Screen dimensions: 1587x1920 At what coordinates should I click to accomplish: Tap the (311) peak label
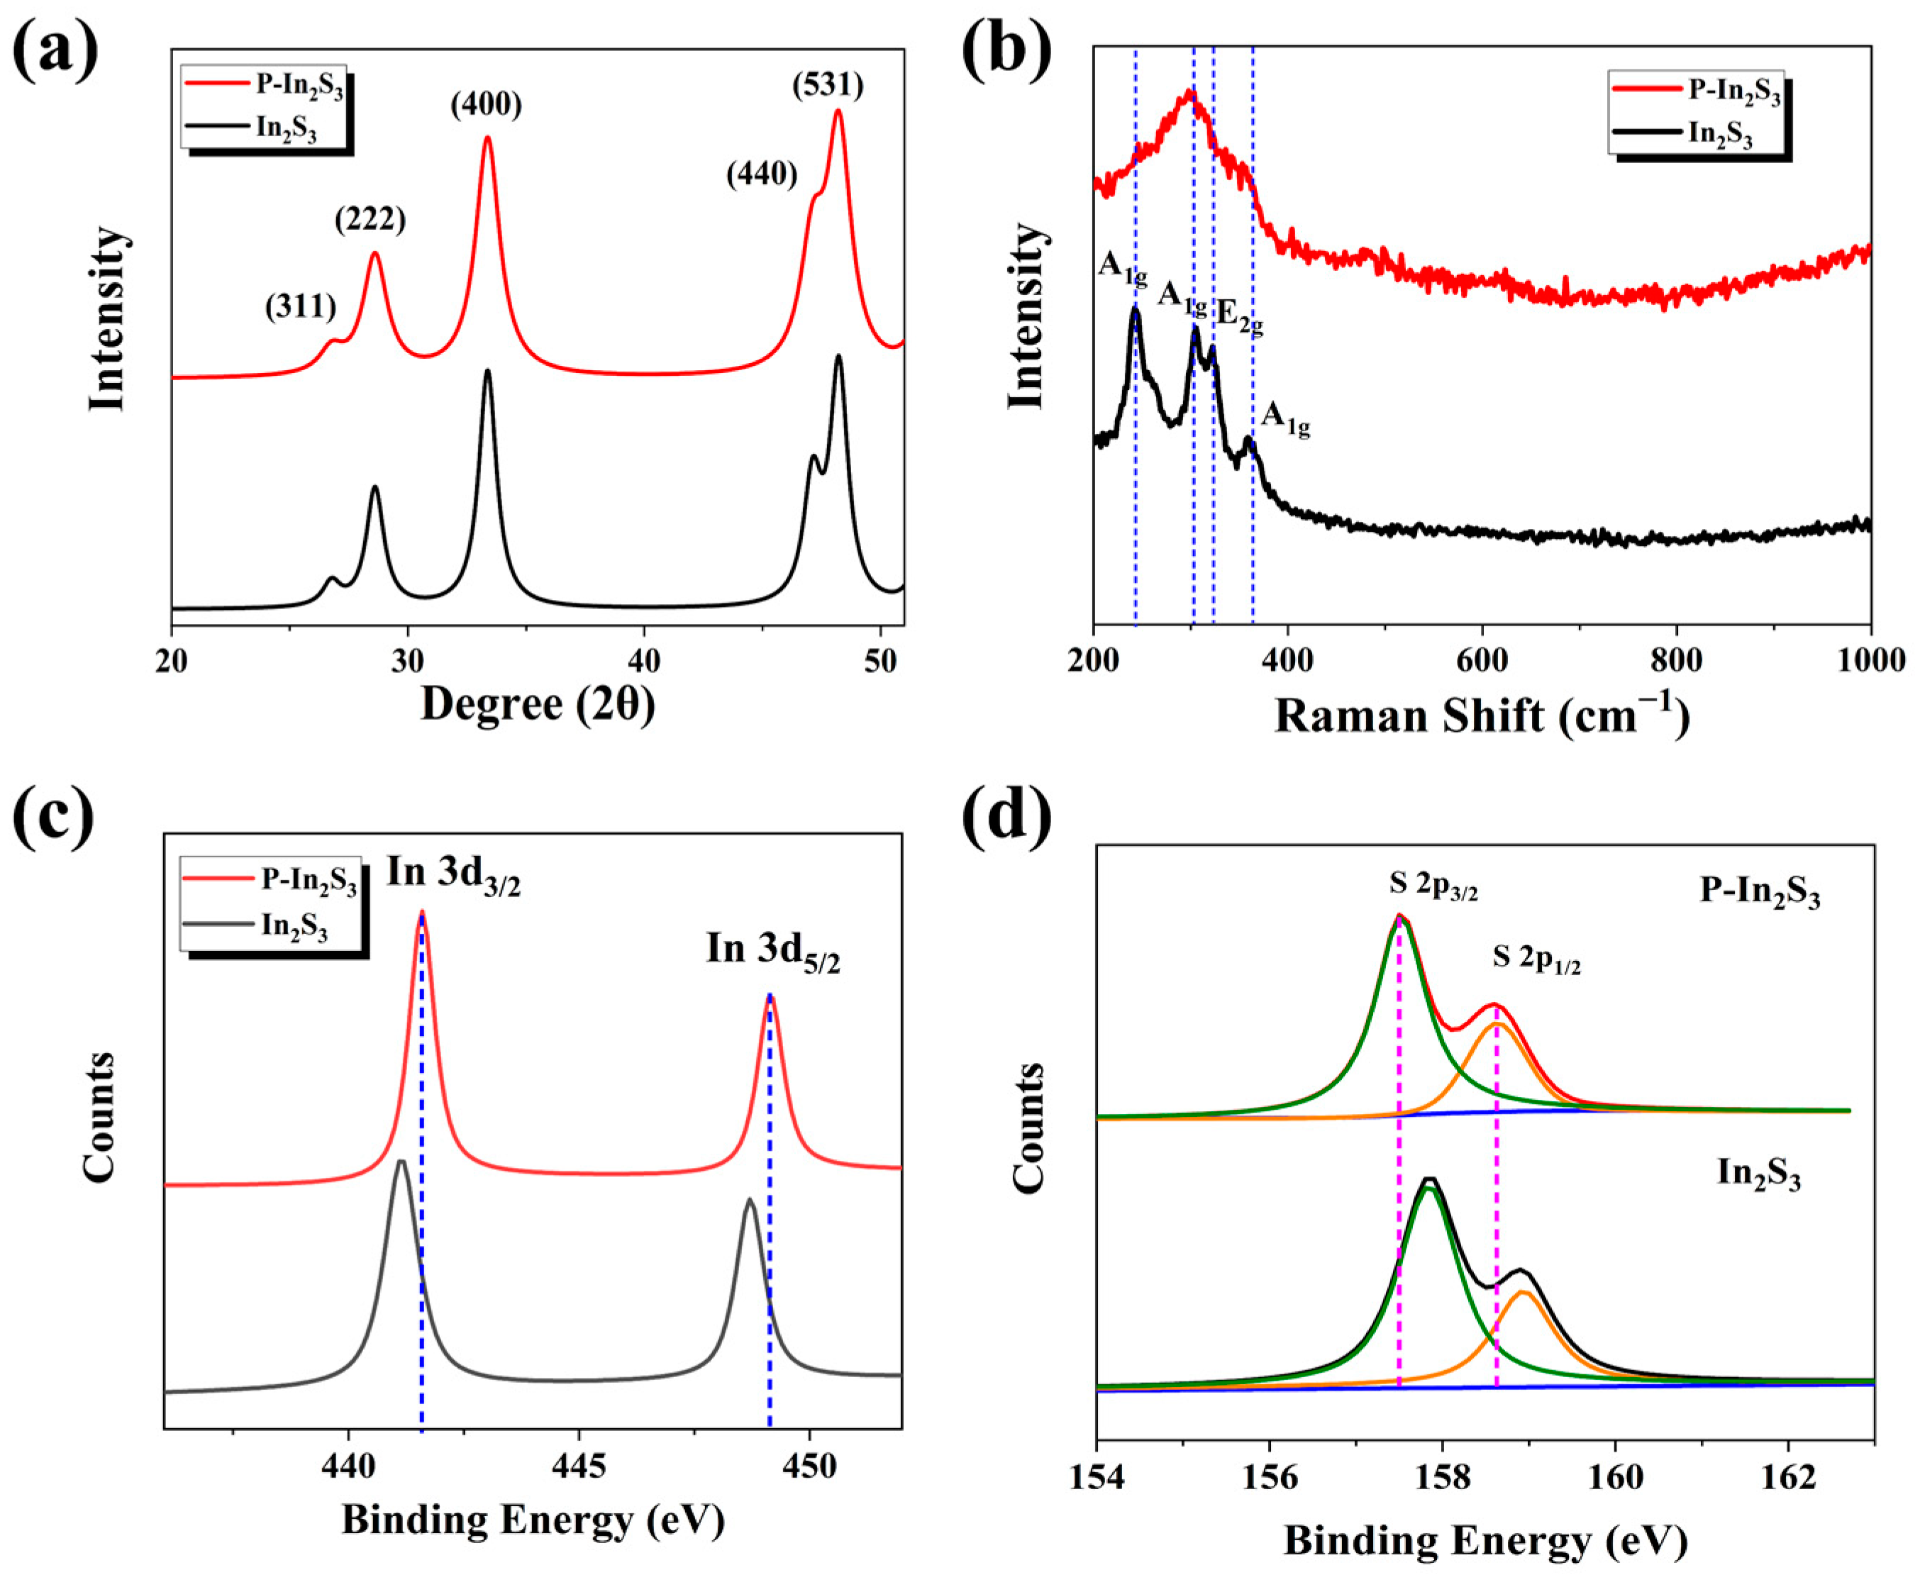click(301, 306)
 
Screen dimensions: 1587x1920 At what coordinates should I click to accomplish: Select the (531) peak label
click(828, 85)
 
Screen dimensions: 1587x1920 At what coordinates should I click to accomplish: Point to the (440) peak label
click(762, 173)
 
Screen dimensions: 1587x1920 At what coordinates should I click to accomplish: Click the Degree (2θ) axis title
click(538, 704)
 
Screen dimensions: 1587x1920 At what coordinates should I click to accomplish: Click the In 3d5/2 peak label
click(772, 949)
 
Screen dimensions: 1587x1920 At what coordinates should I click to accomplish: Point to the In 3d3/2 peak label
click(453, 874)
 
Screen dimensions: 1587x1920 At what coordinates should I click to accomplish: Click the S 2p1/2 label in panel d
click(1536, 958)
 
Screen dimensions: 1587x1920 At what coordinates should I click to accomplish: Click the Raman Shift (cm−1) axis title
click(1481, 715)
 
